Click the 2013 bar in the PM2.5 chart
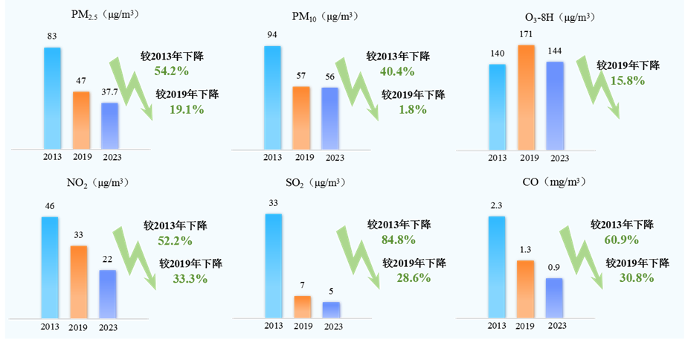pos(52,97)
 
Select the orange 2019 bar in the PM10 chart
pos(301,118)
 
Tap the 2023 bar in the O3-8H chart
pos(555,105)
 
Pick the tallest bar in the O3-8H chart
pos(526,97)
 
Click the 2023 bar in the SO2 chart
pos(331,309)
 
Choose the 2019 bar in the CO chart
pos(525,289)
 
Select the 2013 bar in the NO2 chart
pos(49,267)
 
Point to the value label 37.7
pos(109,92)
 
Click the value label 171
pos(526,34)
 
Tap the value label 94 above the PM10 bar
pos(272,34)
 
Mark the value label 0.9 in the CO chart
pos(555,268)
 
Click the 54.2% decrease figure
pos(170,71)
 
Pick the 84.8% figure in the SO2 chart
pos(398,239)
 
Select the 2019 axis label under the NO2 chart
pos(78,327)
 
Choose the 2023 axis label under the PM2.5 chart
pos(110,157)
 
